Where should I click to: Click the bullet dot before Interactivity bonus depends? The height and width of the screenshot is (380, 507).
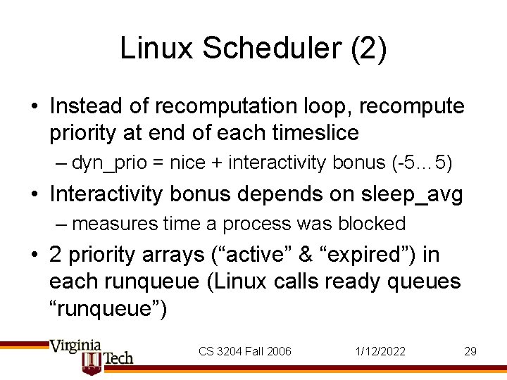coord(35,194)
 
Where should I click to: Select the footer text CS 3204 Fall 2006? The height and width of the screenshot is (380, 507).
coord(244,351)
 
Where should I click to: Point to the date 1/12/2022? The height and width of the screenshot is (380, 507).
coord(382,351)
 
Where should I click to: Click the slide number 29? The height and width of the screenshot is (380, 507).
coord(470,351)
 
